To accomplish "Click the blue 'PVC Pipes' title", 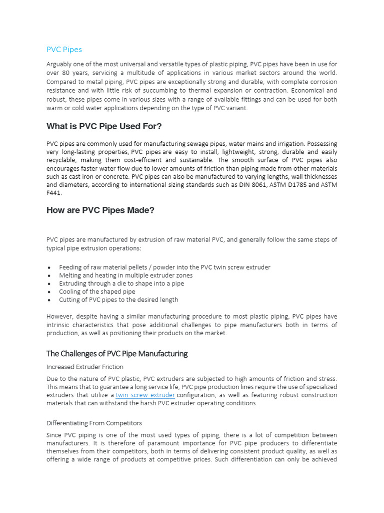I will (64, 50).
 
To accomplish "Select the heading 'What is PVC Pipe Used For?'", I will (104, 126).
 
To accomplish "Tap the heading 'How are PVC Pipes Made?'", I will (100, 210).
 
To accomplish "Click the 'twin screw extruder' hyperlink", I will (145, 395).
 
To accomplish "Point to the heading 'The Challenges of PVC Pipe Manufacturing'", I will (117, 354).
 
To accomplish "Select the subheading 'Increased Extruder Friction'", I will (85, 367).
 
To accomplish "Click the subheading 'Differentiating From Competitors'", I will (94, 423).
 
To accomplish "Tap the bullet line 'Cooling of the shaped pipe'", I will (97, 292).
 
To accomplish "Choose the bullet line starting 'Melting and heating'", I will (125, 276).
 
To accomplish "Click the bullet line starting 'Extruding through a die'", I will (121, 284).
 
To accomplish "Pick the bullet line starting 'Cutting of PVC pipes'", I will (118, 300).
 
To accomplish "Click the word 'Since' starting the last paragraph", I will (54, 435).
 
